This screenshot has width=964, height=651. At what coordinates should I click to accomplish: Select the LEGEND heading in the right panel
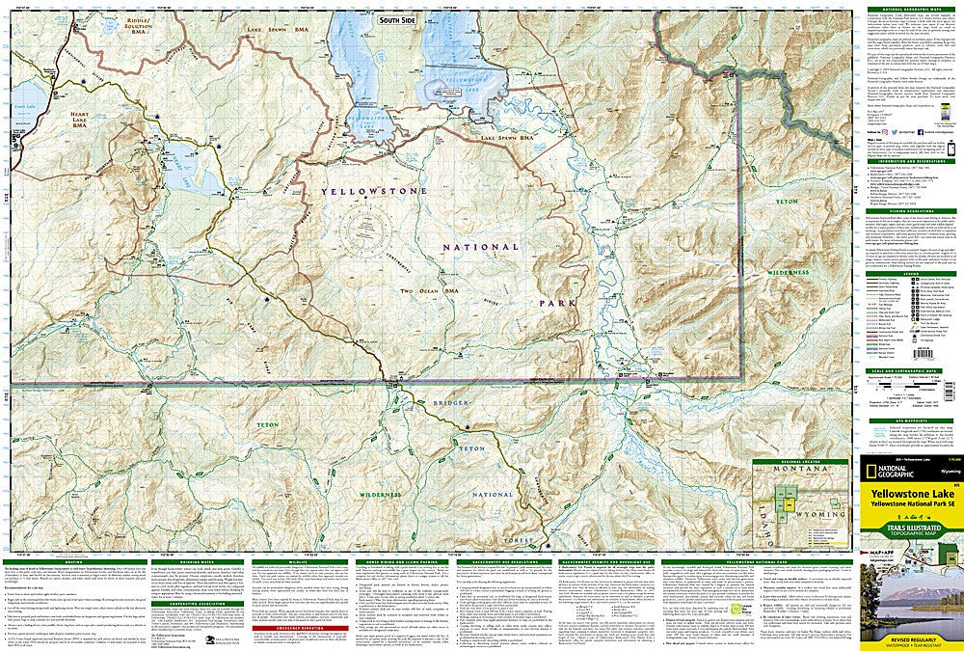pos(909,272)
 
